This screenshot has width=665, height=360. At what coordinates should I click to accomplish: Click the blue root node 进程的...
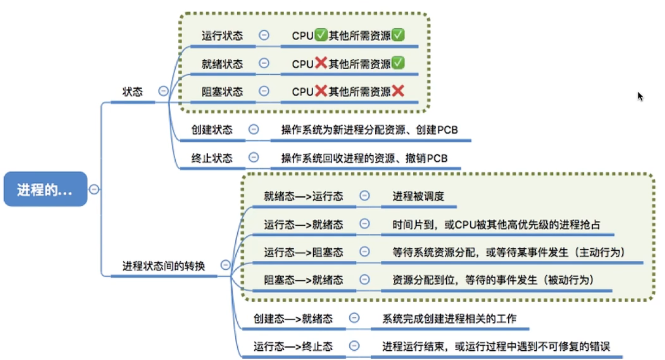(x=45, y=189)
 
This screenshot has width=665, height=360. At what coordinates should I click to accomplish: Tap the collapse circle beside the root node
(x=94, y=189)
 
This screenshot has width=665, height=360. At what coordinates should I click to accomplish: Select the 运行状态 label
(x=222, y=35)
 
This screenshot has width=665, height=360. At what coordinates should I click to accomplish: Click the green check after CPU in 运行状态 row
(x=321, y=35)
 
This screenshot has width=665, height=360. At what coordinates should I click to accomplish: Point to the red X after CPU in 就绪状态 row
(x=321, y=63)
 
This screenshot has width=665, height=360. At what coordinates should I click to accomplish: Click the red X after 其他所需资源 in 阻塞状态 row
(x=398, y=91)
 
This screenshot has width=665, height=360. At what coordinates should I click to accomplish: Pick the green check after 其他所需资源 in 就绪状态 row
(x=398, y=63)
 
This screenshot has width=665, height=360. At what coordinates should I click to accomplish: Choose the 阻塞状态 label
(x=222, y=92)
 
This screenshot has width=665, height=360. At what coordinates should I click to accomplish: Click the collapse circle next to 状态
(x=163, y=91)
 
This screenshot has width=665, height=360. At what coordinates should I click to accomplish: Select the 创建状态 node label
(x=212, y=130)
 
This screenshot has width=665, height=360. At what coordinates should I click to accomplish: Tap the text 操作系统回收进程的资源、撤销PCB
(x=364, y=158)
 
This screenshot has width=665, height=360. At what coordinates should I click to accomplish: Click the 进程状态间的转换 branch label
(x=163, y=266)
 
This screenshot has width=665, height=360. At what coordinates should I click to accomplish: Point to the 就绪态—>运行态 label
(x=303, y=196)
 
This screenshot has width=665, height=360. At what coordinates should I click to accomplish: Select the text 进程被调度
(x=418, y=196)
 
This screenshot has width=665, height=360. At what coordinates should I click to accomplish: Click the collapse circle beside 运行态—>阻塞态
(x=364, y=252)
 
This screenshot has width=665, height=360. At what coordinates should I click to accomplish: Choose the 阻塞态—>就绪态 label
(x=303, y=280)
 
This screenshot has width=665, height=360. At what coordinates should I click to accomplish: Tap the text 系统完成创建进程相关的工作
(x=449, y=319)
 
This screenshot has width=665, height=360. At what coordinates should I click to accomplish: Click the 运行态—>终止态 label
(x=293, y=346)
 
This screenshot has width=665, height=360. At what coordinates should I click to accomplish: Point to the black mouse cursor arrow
(x=640, y=96)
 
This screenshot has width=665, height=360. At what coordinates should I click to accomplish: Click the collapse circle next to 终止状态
(x=253, y=157)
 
